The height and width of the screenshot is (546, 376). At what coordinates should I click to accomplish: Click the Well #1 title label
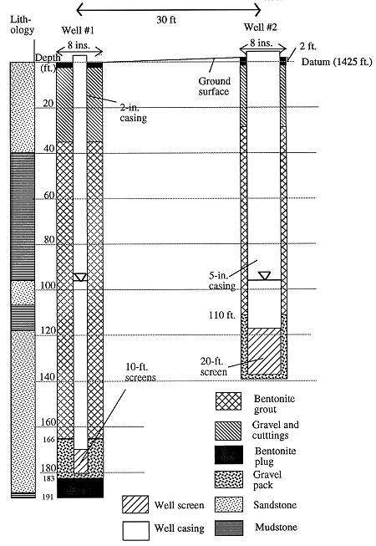click(x=78, y=30)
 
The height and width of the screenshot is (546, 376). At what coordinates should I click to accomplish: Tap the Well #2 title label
click(x=260, y=27)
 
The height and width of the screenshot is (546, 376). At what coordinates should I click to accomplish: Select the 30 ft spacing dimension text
click(x=166, y=20)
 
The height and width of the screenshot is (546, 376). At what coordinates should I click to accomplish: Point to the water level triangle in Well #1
click(x=80, y=277)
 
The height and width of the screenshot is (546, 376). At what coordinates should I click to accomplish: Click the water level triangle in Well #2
click(x=265, y=275)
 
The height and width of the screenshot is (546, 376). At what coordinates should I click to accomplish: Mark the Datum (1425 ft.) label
click(x=337, y=62)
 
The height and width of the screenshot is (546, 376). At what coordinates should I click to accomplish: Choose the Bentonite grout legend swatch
click(x=228, y=401)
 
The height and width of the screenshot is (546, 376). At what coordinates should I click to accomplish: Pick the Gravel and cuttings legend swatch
click(x=228, y=431)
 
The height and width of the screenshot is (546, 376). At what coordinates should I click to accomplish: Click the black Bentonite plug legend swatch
click(x=228, y=455)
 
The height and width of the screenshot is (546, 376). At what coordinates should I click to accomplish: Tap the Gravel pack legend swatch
click(x=228, y=480)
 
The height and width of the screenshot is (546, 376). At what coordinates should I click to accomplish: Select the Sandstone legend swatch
click(x=228, y=504)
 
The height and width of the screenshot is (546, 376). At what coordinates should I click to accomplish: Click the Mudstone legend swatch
click(x=228, y=528)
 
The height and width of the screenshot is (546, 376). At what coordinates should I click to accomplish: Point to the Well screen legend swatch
click(x=135, y=504)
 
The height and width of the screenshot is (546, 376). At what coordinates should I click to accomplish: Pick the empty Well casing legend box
click(x=136, y=531)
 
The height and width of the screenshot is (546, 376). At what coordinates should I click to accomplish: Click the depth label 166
click(x=49, y=440)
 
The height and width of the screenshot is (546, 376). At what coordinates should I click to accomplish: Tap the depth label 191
click(x=48, y=497)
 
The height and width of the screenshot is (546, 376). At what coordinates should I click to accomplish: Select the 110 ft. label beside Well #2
click(x=222, y=315)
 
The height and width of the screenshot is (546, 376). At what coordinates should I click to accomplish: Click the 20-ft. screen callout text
click(x=214, y=367)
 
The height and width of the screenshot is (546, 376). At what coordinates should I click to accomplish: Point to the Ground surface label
click(x=214, y=86)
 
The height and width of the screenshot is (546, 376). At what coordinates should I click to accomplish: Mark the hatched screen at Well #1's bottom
click(x=80, y=461)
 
